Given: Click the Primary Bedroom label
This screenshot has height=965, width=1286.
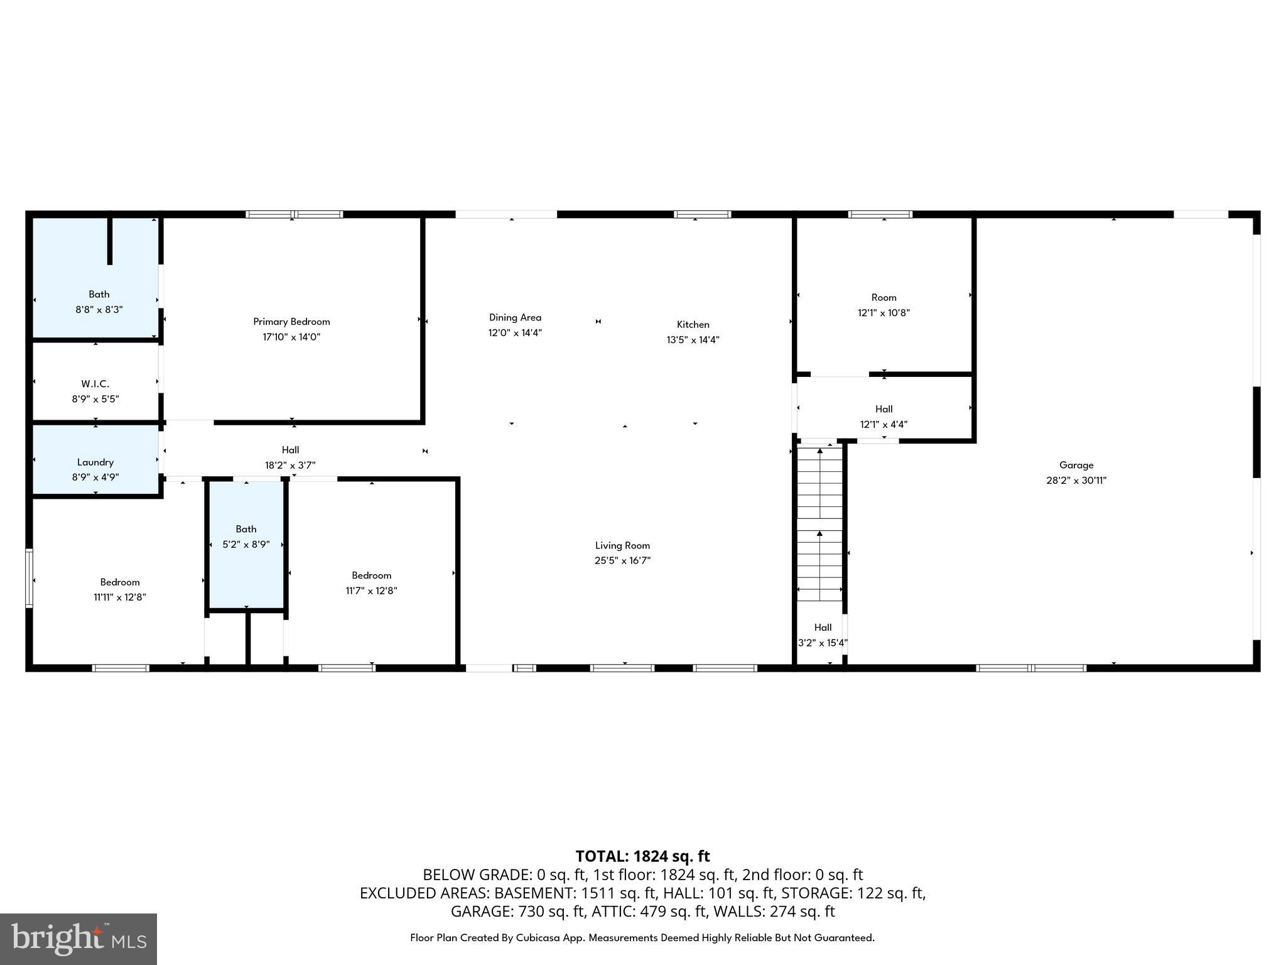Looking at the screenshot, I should click(x=291, y=322).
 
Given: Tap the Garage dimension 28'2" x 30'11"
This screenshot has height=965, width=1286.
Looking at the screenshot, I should click(x=1076, y=481).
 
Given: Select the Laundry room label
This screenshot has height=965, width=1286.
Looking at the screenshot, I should click(x=95, y=462).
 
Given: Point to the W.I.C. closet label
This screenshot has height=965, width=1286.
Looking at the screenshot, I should click(x=95, y=384).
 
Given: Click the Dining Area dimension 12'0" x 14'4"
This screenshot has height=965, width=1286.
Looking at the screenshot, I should click(x=515, y=333).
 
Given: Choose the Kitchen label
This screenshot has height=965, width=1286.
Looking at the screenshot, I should click(x=693, y=325).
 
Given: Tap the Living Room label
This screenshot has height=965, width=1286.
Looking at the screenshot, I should click(x=622, y=546).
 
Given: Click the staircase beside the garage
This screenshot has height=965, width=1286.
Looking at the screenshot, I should click(x=819, y=521).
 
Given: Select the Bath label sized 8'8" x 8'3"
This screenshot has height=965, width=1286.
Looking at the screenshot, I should click(x=99, y=295).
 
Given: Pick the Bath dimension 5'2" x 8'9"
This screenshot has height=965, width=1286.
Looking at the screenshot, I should click(x=246, y=545).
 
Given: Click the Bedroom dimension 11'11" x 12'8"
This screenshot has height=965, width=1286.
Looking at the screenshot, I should click(x=120, y=597).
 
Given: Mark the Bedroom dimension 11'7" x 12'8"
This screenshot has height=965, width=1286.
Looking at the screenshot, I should click(x=371, y=591).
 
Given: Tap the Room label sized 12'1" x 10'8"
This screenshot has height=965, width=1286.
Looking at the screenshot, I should click(x=883, y=298).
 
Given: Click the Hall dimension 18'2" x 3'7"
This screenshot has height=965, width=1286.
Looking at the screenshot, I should click(x=290, y=466).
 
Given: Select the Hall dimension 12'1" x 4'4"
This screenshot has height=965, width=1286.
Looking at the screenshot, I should click(x=883, y=425).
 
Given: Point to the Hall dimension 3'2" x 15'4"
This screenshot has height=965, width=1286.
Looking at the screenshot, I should click(x=823, y=643).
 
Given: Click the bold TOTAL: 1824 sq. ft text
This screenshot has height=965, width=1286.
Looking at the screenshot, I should click(x=642, y=856).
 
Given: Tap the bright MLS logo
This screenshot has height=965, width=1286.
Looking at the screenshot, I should click(x=78, y=939).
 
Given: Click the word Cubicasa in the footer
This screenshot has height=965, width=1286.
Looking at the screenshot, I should click(x=541, y=938).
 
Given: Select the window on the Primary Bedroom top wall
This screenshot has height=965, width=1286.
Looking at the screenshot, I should click(x=294, y=214).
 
